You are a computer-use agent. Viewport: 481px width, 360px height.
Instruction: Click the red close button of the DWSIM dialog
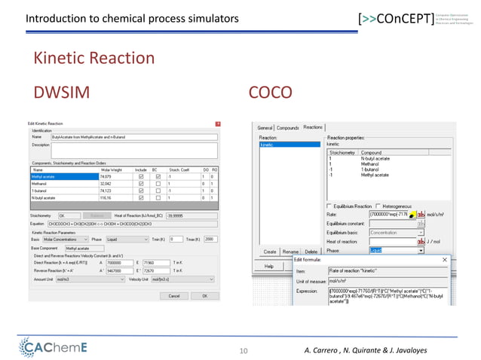[x=219, y=123]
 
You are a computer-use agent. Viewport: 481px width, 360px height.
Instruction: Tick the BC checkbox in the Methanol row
[x=158, y=183]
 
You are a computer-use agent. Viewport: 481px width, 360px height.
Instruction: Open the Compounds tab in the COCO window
[x=288, y=127]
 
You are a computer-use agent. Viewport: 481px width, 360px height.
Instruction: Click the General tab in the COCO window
[x=265, y=127]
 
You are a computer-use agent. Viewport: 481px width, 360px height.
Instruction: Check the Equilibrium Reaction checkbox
[x=329, y=206]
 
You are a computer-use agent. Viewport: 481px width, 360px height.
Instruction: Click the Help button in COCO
[x=268, y=266]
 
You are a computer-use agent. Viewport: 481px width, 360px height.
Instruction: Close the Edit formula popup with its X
[x=444, y=260]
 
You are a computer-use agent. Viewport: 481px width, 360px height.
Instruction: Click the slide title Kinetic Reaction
[x=93, y=58]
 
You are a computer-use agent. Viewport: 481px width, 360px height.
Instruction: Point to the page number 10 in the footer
[x=243, y=349]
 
